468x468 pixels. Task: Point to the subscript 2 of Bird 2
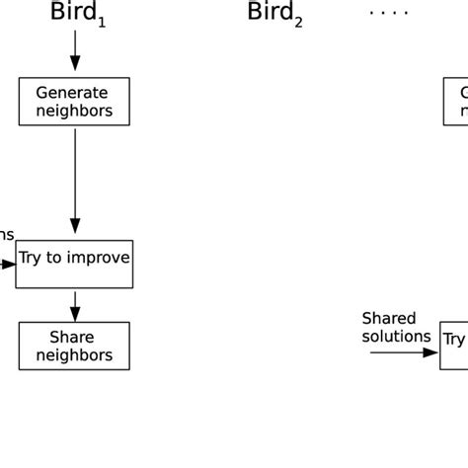tap(297, 21)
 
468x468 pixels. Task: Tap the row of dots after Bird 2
tap(387, 12)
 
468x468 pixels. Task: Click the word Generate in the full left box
tap(72, 93)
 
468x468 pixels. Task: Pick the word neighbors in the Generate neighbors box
tap(72, 111)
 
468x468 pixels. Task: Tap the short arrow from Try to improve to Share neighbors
tap(75, 305)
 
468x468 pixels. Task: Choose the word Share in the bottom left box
tap(72, 338)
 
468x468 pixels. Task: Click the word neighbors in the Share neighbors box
tap(72, 355)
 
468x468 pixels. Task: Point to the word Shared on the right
tap(389, 318)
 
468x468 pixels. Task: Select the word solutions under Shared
tap(396, 336)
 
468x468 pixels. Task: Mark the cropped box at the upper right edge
tap(455, 102)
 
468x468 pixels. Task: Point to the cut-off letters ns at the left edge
tap(6, 235)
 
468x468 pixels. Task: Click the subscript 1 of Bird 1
tap(101, 21)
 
